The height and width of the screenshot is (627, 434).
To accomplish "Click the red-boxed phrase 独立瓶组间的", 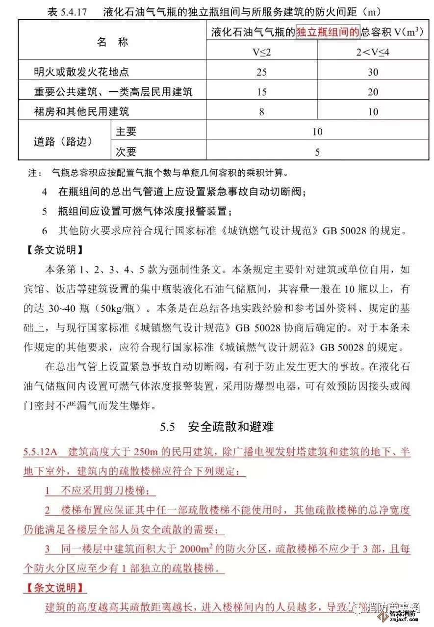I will click(x=328, y=32).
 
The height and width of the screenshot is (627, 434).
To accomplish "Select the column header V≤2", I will click(x=261, y=52).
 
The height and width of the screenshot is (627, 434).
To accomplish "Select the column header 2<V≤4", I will click(x=372, y=52).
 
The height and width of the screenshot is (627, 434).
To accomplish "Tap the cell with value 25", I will click(x=261, y=72).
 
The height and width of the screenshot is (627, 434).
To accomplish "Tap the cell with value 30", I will click(x=373, y=72).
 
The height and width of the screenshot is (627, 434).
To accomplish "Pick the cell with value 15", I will click(x=261, y=92).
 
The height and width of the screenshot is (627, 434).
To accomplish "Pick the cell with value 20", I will click(x=373, y=92).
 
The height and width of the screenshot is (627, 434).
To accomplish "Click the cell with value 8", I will click(x=261, y=111).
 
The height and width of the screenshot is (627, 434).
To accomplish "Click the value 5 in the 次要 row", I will click(x=317, y=152).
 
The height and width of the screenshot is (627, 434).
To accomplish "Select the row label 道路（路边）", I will click(x=63, y=141).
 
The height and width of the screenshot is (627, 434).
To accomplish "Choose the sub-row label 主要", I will click(x=126, y=132).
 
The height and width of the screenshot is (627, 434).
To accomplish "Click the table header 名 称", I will click(x=112, y=42).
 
